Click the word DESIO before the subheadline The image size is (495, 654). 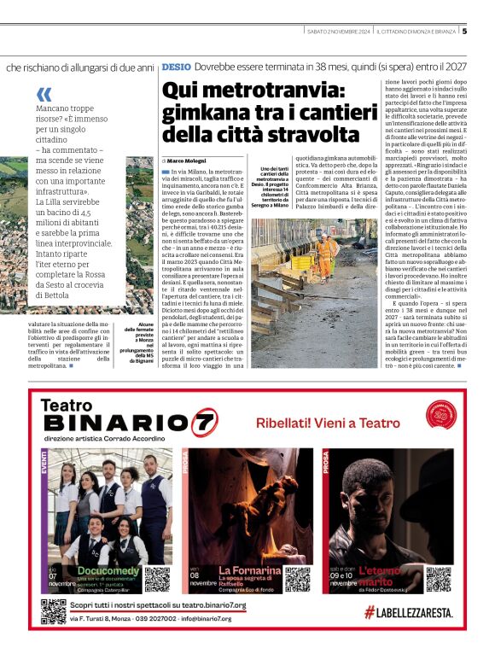click(176, 66)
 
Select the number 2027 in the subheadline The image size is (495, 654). click(453, 66)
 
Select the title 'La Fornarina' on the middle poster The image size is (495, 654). click(249, 569)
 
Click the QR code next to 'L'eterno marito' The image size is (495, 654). click(437, 579)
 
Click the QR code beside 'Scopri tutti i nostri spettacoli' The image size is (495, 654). click(53, 611)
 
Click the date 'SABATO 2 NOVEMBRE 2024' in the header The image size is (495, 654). click(339, 32)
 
